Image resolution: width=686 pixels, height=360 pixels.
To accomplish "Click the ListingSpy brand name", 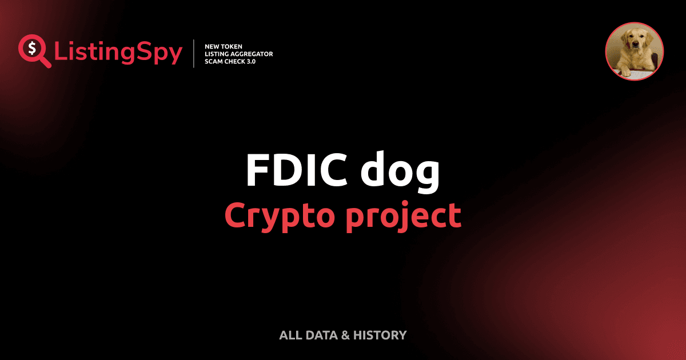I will coord(118,53).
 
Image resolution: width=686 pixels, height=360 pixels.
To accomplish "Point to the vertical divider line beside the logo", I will coord(194,53).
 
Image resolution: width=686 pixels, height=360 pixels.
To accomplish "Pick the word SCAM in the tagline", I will coord(214,61).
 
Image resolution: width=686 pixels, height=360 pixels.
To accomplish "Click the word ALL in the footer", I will coord(289,335).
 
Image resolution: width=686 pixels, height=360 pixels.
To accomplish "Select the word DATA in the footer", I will coord(320,335).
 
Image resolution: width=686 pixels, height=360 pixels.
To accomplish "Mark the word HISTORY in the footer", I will coord(380,335).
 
